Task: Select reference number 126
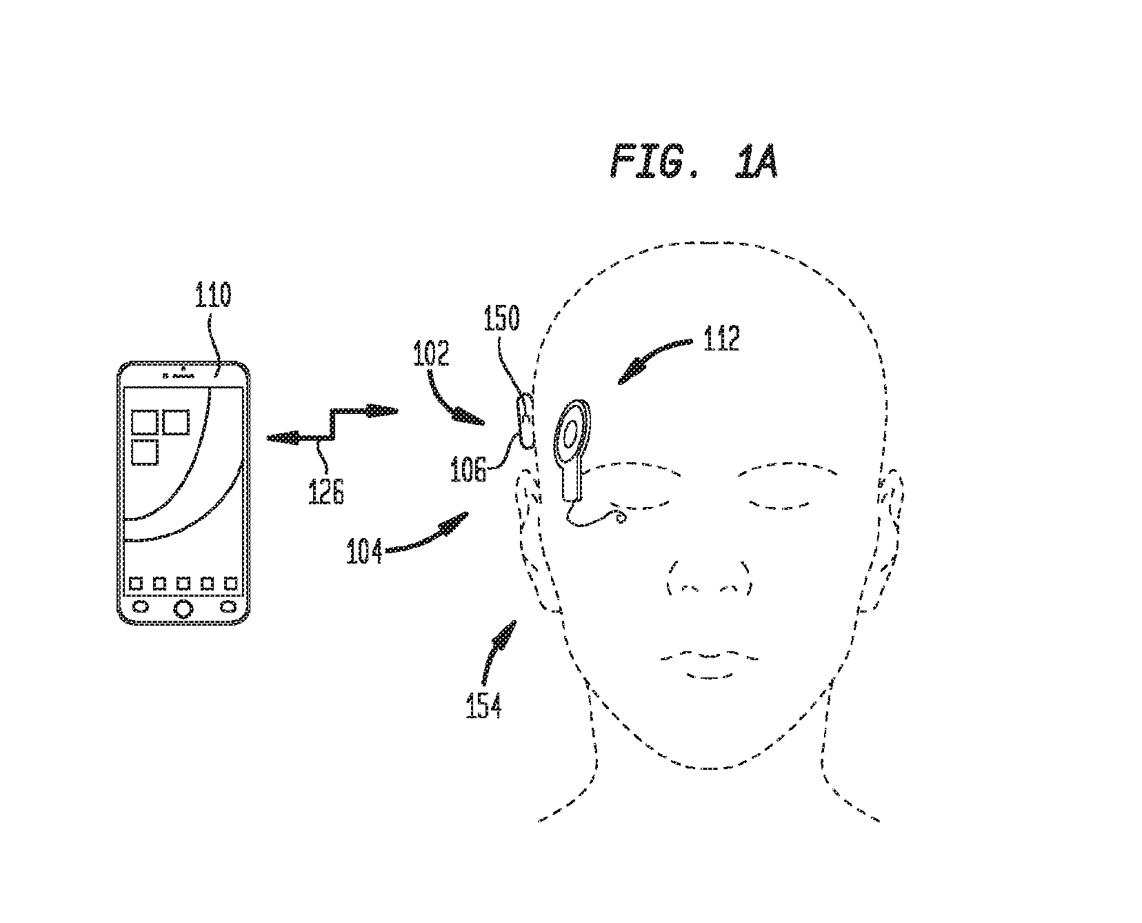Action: click(327, 493)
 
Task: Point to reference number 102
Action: click(431, 354)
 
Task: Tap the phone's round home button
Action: click(183, 608)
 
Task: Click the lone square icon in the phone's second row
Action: click(145, 453)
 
